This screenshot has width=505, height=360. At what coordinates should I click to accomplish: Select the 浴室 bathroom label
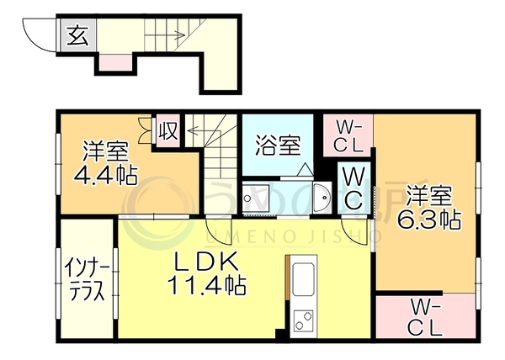coord(278,146)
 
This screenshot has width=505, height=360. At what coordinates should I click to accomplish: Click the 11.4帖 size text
coord(206,285)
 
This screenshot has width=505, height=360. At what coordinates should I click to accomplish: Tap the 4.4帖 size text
coord(106,174)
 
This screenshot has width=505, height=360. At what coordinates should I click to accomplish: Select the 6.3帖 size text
coord(428,219)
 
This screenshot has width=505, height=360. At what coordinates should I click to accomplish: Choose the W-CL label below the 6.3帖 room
coord(424,320)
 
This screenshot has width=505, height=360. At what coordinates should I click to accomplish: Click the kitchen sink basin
coord(303,279)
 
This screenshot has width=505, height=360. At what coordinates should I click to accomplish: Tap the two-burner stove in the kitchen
coord(303,320)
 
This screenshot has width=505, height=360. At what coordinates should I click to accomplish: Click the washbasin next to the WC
coord(322,198)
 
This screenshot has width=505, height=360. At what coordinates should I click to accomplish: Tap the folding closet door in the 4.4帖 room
coord(146,130)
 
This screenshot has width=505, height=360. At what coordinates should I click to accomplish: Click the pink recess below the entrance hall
coord(115,63)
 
